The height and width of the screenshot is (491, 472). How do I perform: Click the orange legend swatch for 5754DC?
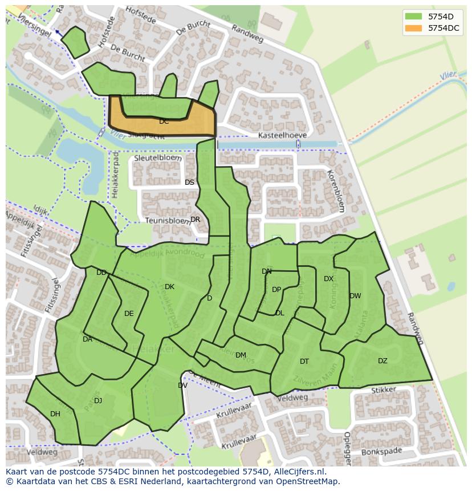[x=414, y=28]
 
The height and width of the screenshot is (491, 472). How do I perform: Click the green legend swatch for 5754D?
[x=414, y=16]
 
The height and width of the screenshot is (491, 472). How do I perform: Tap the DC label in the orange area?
[x=164, y=121]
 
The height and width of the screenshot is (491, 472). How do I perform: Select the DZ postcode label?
[x=383, y=360]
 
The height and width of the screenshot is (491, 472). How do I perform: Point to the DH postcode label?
[x=55, y=414]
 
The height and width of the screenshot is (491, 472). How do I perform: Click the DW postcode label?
[x=355, y=296]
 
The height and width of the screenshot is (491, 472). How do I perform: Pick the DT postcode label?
[x=304, y=362]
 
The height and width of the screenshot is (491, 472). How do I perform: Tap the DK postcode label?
[x=169, y=287]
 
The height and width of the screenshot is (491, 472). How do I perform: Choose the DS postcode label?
[x=189, y=182]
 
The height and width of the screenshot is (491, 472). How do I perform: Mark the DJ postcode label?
[x=98, y=401]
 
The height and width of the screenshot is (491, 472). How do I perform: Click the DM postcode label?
[x=241, y=355]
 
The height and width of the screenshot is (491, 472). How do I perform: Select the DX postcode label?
[x=328, y=279]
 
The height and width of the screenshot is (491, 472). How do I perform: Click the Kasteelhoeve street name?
[x=282, y=135]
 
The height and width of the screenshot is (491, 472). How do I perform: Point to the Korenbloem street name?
[x=335, y=190]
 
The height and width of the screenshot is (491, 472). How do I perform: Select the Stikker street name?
[x=383, y=391]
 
